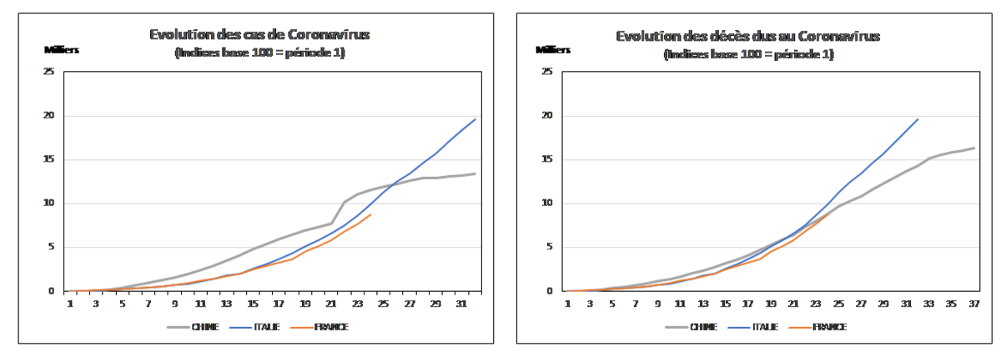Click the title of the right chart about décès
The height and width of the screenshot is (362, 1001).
click(748, 36)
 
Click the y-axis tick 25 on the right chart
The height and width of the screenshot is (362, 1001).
click(547, 71)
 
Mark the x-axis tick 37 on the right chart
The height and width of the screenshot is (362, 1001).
click(972, 304)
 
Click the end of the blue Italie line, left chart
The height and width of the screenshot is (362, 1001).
click(475, 118)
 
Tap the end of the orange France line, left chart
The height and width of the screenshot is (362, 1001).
click(371, 214)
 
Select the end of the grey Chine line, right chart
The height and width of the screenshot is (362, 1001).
click(973, 148)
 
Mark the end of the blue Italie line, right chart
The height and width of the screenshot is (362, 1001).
click(918, 118)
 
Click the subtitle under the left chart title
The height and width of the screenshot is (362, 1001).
click(259, 54)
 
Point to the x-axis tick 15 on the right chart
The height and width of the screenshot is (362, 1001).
click(725, 304)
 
